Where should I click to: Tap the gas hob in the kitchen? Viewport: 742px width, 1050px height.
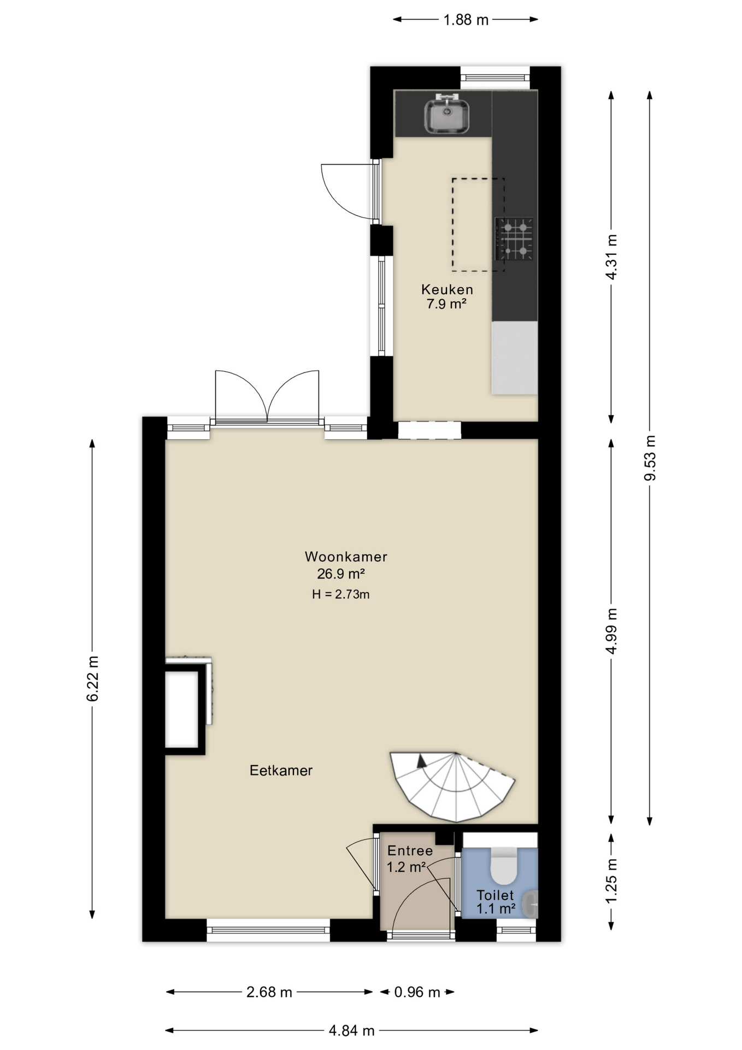click(x=514, y=239)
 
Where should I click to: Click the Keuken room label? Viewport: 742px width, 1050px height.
click(x=447, y=289)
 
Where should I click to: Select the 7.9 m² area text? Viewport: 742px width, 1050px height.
click(x=446, y=304)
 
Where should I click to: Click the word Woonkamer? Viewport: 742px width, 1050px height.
click(x=346, y=557)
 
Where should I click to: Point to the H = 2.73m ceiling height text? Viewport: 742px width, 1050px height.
click(x=341, y=594)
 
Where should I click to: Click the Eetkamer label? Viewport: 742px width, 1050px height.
click(x=281, y=771)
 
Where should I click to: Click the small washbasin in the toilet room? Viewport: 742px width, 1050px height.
click(x=531, y=904)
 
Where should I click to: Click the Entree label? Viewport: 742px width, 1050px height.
click(x=410, y=851)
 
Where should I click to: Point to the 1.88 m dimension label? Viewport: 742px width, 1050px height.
click(x=466, y=20)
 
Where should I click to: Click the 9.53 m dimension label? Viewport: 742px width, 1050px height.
click(x=650, y=458)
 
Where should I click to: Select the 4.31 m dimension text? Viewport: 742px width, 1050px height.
click(x=611, y=256)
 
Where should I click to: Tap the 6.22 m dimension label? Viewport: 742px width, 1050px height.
click(x=92, y=678)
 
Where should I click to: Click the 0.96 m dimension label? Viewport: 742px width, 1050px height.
click(x=417, y=992)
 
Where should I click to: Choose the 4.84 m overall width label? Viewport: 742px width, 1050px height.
click(x=351, y=1031)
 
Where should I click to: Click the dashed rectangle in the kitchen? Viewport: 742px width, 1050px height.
click(x=478, y=225)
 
